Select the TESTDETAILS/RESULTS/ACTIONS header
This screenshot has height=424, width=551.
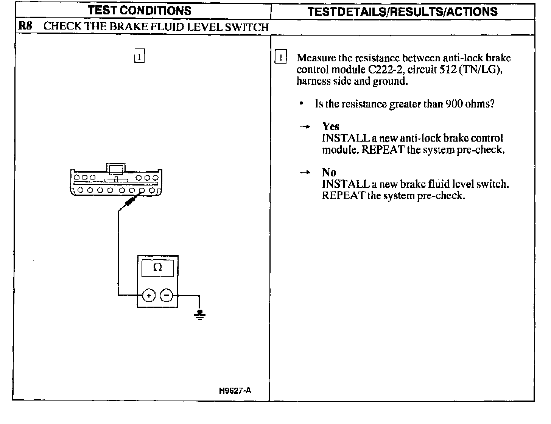(x=402, y=11)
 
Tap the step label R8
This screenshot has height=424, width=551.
(x=25, y=26)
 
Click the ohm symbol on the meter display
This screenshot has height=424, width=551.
(x=158, y=268)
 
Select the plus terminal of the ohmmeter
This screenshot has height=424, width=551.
(x=149, y=295)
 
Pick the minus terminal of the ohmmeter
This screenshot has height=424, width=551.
(x=167, y=295)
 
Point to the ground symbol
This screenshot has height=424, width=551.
(x=200, y=315)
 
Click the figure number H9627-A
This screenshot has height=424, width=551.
(x=235, y=390)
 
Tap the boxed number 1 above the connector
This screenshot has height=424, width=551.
(x=139, y=57)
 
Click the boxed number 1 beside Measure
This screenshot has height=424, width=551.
(x=280, y=58)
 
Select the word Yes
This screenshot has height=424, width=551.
(x=331, y=126)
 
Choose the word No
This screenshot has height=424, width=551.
(x=329, y=172)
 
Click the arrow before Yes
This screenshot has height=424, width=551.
(x=305, y=127)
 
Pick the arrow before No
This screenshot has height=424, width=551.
(x=305, y=173)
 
